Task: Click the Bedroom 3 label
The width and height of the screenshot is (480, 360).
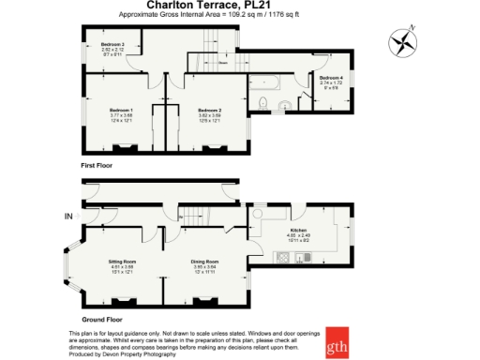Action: click(113, 44)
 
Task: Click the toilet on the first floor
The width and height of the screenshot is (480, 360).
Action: click(267, 101)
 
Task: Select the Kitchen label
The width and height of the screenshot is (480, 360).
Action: click(298, 229)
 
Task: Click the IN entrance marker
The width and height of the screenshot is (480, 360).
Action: click(67, 217)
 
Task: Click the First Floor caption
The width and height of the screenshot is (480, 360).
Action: click(96, 164)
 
